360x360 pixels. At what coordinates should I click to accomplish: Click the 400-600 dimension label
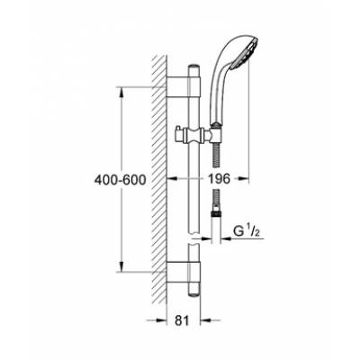121,180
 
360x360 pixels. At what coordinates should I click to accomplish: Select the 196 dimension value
220,179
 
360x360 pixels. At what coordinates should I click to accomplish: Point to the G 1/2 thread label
245,232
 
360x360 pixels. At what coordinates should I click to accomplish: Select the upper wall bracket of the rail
183,87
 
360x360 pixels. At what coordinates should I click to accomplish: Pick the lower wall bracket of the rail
183,272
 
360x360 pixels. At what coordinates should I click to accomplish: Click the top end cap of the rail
193,67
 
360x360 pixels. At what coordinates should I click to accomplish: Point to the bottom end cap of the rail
193,293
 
